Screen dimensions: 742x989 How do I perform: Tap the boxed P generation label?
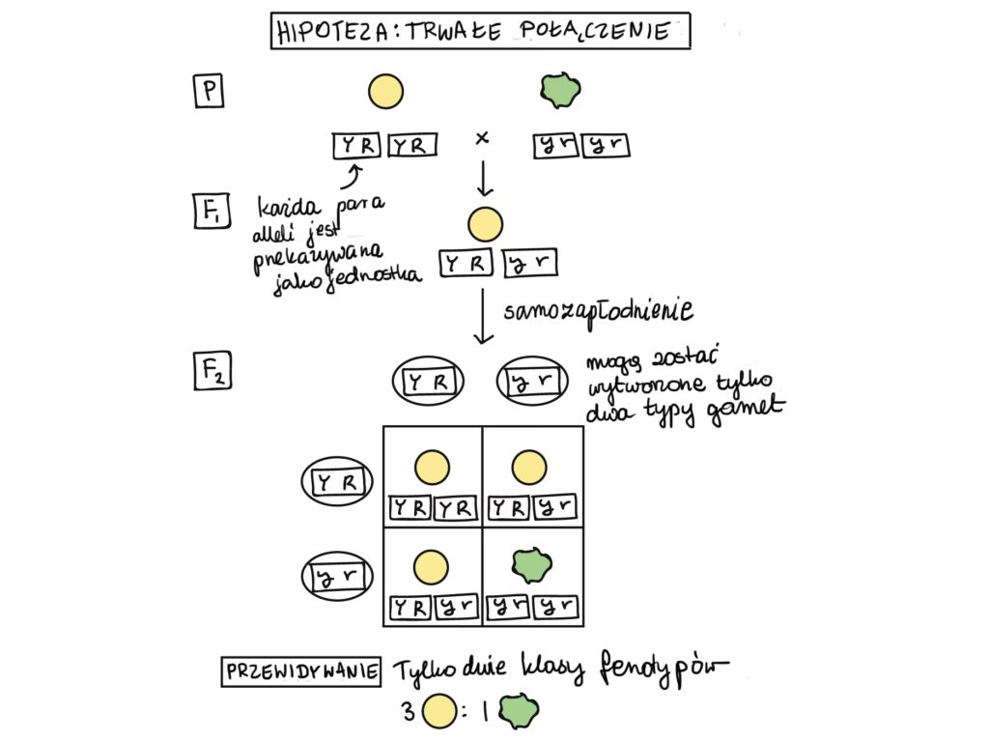208,92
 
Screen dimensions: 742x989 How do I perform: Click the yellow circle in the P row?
385,91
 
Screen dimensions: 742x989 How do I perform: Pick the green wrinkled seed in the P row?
559,90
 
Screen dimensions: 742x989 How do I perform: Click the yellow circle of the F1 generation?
485,224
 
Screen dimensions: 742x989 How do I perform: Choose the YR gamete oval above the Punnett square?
426,383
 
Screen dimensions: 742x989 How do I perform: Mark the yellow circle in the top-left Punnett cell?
432,468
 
